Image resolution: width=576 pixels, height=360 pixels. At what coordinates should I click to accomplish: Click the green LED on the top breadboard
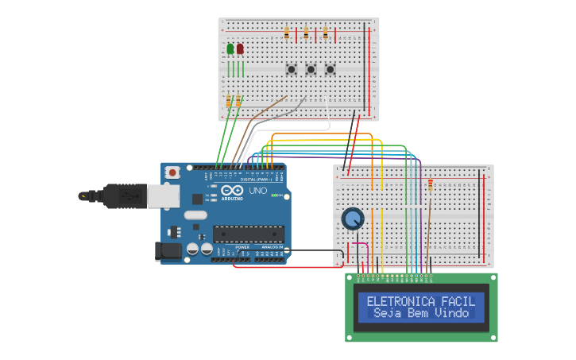[230, 49]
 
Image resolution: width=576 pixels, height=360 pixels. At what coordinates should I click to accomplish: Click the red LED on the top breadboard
[240, 49]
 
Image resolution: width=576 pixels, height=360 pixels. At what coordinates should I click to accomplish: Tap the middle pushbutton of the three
[311, 69]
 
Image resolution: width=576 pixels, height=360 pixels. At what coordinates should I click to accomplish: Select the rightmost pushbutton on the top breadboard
[330, 69]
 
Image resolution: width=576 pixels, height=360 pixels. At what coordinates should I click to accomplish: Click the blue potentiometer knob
[352, 218]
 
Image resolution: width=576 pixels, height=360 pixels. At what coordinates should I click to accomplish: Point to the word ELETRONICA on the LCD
[401, 301]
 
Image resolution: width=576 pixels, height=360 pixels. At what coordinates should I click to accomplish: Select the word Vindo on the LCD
[452, 313]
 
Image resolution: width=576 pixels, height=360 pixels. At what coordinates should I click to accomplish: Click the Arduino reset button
[172, 172]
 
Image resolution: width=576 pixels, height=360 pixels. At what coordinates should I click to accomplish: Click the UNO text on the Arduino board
[258, 191]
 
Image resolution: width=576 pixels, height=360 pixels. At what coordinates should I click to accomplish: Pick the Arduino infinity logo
[233, 191]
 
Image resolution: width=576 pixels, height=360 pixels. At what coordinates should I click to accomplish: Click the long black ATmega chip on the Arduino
[248, 234]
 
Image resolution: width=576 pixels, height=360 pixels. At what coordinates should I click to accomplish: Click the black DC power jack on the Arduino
[168, 251]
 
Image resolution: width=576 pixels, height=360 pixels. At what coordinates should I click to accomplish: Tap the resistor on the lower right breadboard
[431, 186]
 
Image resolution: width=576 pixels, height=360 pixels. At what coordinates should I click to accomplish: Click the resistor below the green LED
[229, 101]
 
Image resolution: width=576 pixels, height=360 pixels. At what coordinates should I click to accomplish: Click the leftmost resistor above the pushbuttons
[287, 33]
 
